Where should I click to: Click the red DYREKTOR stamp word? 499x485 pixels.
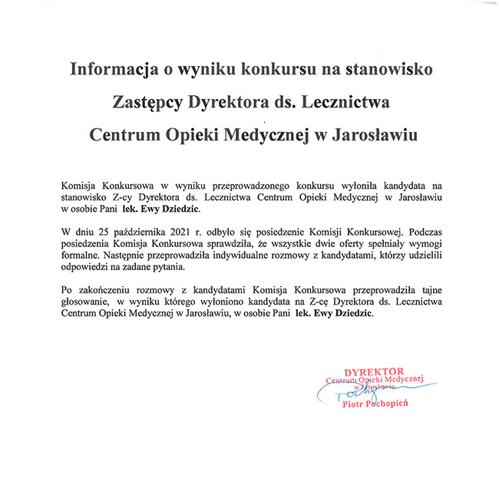click(x=374, y=371)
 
